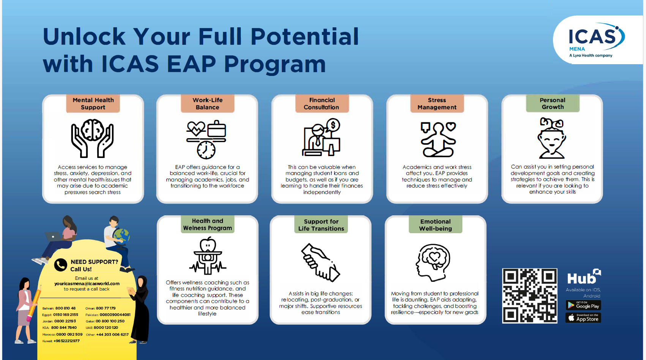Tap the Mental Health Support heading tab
93,104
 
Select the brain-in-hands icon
93,138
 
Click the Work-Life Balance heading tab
207,104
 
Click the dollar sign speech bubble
333,125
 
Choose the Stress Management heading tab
437,104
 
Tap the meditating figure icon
438,139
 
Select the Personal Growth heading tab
553,103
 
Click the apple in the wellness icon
208,244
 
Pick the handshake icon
321,262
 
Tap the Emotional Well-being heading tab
436,225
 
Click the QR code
530,296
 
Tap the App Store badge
583,318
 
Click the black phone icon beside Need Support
60,265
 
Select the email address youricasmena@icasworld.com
87,284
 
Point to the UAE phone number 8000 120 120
106,327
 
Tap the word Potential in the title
305,37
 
